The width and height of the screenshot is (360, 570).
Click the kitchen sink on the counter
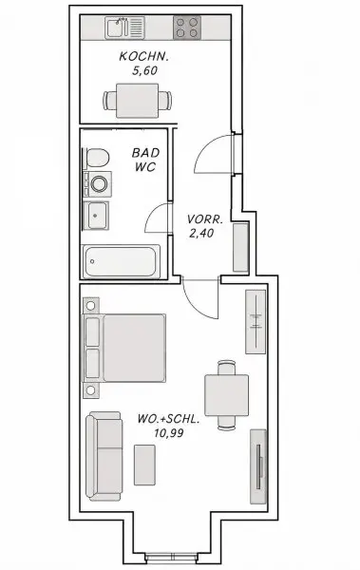pos(124,28)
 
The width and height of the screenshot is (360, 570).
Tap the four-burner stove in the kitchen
pos(187,28)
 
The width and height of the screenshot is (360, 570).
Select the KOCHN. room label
pos(144,56)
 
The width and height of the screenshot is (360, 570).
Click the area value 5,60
pos(144,70)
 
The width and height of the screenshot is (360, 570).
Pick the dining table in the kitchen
pos(137,101)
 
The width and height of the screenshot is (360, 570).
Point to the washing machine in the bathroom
pos(98,183)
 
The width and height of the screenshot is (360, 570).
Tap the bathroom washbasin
pos(95,216)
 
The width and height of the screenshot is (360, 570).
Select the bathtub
pos(122,261)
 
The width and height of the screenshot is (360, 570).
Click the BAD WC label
pos(145,160)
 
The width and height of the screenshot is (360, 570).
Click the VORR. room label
pos(205,219)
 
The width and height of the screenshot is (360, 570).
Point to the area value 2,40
pos(201,233)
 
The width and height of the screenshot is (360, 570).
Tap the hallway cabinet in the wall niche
pos(240,247)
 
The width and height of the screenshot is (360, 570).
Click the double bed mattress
pos(134,348)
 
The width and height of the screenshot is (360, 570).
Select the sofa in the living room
pos(104,456)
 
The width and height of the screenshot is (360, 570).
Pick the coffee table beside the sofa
pos(144,465)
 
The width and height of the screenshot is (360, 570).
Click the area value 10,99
pos(168,433)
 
